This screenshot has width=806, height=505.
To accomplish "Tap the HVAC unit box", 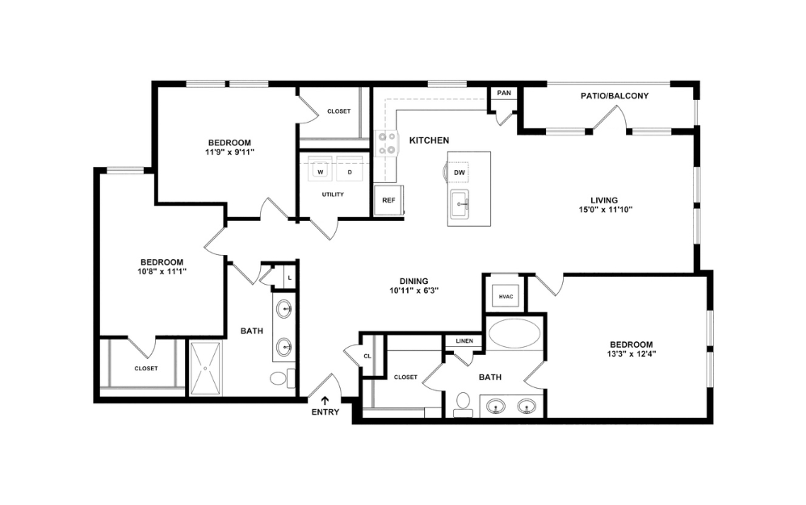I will coord(506,296).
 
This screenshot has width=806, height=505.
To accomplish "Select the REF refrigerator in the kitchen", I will coord(388,200).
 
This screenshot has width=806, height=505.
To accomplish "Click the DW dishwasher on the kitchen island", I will coord(459,172).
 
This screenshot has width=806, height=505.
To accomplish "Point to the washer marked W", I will coord(321,171).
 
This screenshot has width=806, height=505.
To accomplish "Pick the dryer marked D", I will coord(350,171).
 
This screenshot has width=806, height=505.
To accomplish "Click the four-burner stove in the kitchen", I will coord(387,144).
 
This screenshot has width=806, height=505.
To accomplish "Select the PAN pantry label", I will coord(504,93).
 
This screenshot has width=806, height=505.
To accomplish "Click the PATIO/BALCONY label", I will coord(615,96).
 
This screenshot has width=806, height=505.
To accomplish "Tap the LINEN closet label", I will coord(464,341).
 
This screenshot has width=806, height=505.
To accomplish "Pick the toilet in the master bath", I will coord(464,401).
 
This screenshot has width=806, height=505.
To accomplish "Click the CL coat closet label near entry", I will coord(367,356).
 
